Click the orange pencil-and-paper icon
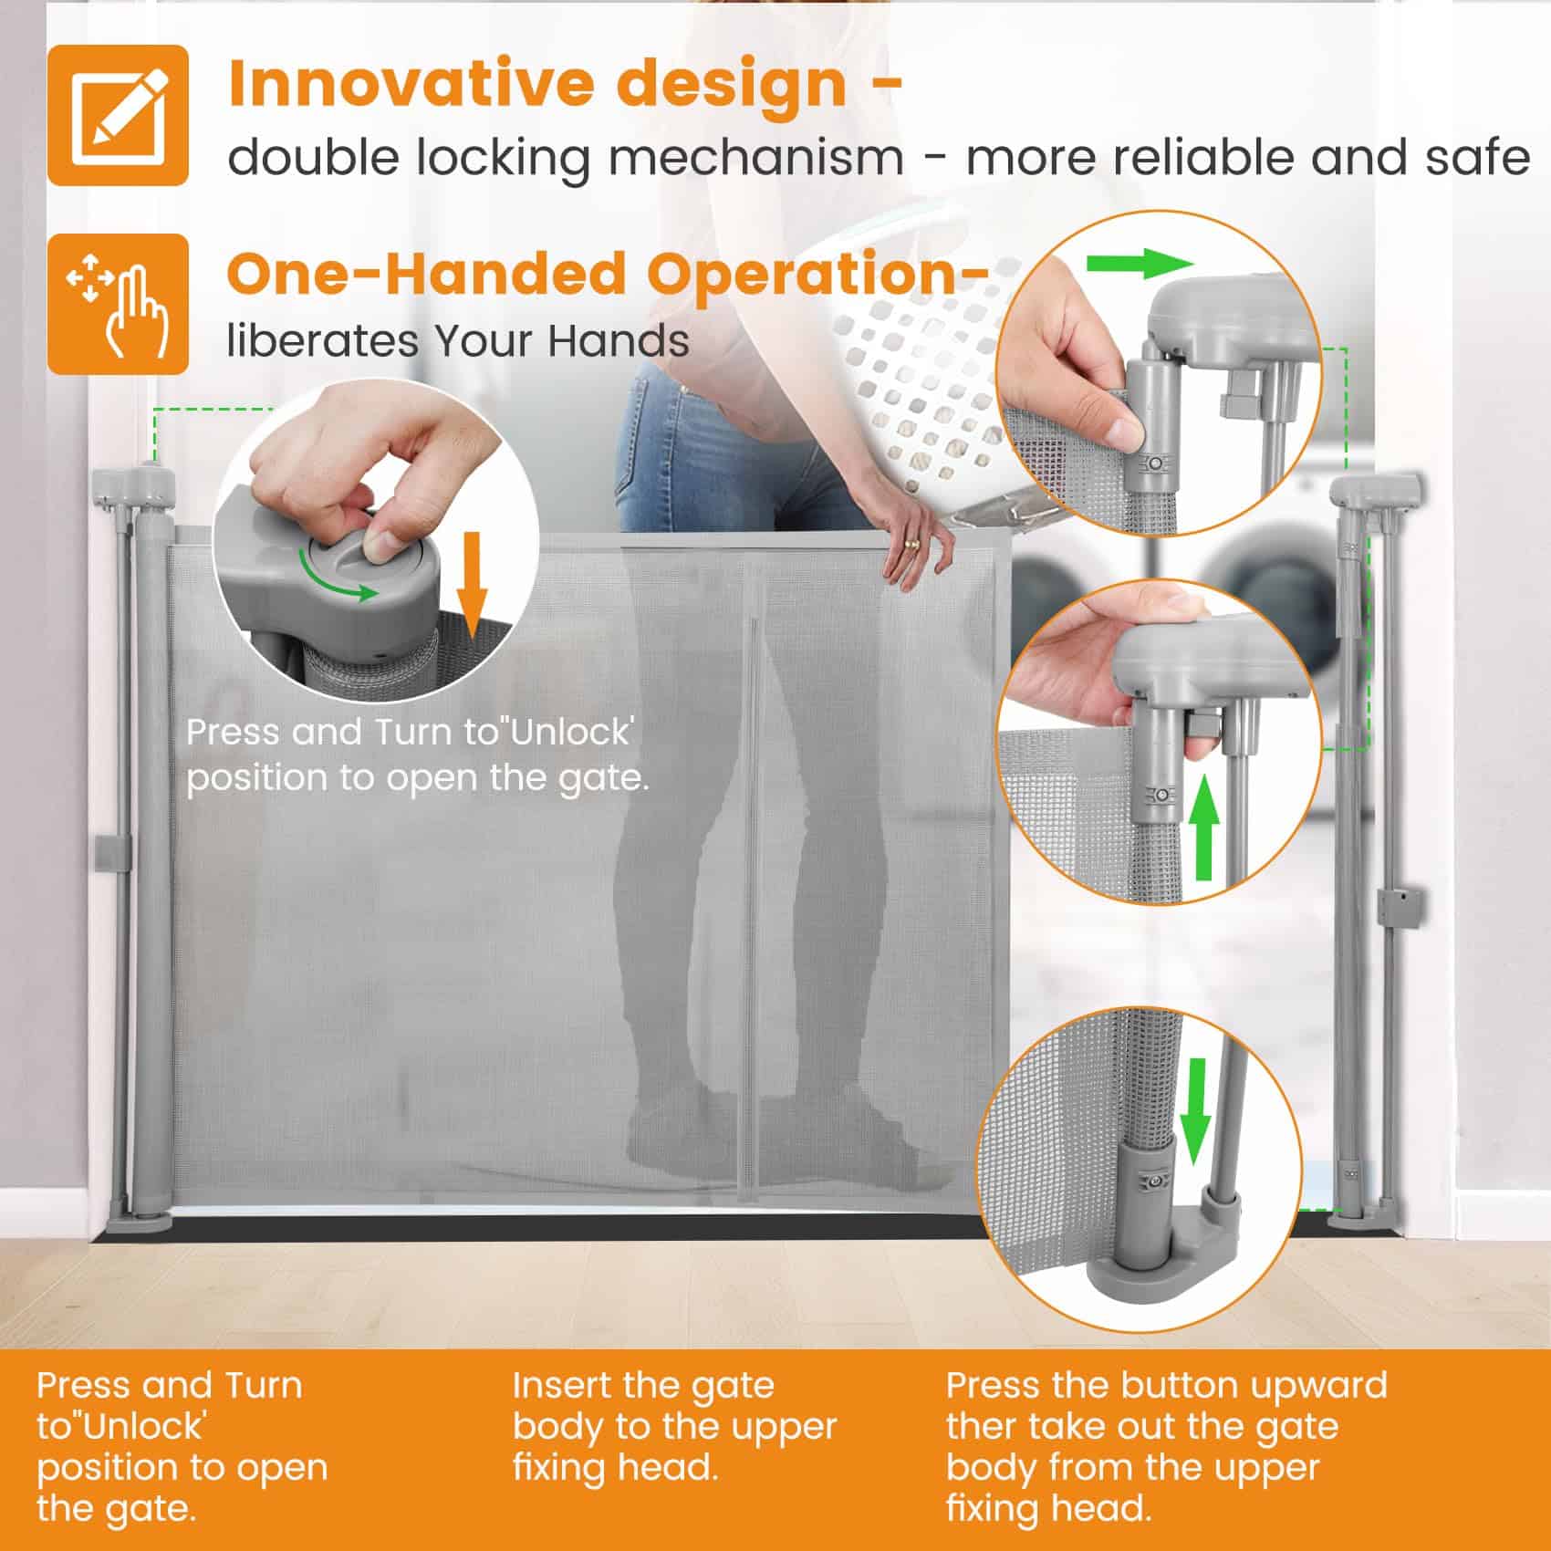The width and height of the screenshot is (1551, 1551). (x=118, y=115)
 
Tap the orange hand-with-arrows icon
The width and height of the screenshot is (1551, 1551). (x=118, y=304)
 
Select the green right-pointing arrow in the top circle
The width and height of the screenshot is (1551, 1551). (x=1140, y=265)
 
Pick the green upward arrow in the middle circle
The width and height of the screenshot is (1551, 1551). (x=1206, y=827)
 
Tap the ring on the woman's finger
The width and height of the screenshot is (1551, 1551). (x=911, y=544)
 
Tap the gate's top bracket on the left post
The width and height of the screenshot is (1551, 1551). (x=134, y=486)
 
